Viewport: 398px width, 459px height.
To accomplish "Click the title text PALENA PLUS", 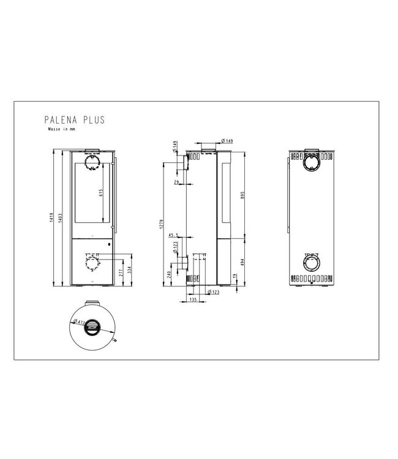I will click(x=75, y=120).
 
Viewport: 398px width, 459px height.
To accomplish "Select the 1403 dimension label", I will click(x=60, y=219).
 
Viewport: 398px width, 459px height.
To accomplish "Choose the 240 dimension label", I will click(x=168, y=274).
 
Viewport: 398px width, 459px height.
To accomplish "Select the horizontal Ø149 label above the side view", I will click(x=223, y=143).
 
